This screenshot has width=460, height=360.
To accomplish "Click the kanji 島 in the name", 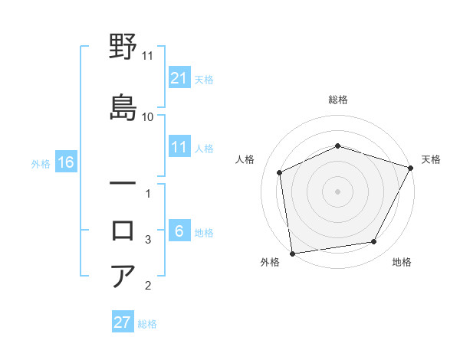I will point(123,106).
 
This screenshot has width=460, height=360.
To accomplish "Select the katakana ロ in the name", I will point(123,230).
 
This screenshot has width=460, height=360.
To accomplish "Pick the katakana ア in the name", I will point(123,277).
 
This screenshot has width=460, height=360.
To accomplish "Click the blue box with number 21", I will point(179,77).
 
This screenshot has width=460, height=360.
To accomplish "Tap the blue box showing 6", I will point(179,231).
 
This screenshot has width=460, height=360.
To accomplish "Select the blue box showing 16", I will point(65,162).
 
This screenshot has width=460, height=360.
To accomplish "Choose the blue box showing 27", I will point(123,322).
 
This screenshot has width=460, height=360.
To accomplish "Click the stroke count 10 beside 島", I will point(148,116).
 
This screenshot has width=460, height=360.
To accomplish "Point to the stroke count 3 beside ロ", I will point(148,240).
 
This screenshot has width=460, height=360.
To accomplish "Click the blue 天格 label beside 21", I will point(204,79).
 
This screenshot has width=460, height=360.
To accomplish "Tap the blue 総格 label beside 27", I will point(148,324).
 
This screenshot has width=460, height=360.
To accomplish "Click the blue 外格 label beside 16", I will point(41,163).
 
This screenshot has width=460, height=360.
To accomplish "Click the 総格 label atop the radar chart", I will point(337,100).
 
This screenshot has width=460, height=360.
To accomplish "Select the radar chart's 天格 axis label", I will point(432,159).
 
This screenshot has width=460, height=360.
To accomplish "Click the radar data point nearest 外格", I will point(292,253).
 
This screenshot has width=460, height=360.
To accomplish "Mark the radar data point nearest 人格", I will point(280,172).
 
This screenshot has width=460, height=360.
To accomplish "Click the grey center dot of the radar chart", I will point(337,191).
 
